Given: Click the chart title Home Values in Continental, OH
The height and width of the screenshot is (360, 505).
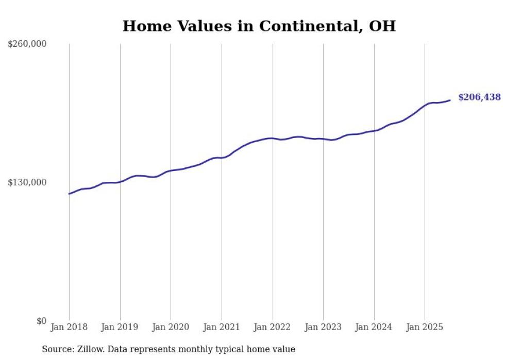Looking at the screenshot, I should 259,26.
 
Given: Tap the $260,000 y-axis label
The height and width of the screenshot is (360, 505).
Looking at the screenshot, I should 27,44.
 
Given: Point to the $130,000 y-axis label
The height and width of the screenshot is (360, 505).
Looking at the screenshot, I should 27,182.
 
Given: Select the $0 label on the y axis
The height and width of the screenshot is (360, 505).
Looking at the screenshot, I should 41,321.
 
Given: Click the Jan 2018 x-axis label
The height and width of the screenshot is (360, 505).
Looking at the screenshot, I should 69,327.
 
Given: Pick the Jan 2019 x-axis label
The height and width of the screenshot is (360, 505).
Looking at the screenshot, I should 120,327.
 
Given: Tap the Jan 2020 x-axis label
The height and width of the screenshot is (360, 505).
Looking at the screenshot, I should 171,327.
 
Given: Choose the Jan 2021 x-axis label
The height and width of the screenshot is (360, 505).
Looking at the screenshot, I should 222,327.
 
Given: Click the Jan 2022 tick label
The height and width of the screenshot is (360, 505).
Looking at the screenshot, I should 273,327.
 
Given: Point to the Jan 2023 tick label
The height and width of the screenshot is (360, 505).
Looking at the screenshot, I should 323,327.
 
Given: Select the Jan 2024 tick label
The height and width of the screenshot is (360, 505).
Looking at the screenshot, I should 374,327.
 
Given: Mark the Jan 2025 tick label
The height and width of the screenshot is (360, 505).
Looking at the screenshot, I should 425,327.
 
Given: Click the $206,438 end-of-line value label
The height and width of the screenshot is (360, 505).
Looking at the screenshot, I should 479,97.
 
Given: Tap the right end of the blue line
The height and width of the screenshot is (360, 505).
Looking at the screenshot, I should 450,100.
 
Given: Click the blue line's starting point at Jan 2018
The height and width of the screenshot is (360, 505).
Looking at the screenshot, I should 69,194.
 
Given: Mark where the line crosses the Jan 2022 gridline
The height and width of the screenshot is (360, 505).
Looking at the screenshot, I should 273,138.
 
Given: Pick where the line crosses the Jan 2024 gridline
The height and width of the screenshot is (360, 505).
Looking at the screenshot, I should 374,131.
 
